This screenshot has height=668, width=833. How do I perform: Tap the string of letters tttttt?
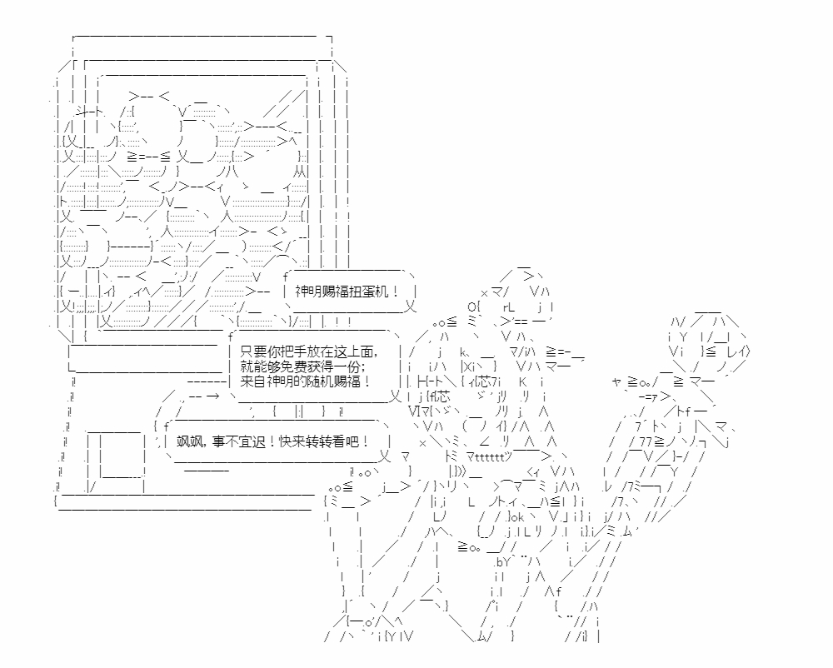pyautogui.click(x=490, y=456)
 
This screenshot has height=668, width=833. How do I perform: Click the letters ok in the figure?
pyautogui.click(x=518, y=516)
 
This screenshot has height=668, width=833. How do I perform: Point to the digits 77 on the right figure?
pyautogui.click(x=645, y=441)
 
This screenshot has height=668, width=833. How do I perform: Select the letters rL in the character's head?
pyautogui.click(x=508, y=307)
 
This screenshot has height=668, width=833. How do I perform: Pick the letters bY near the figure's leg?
pyautogui.click(x=502, y=561)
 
